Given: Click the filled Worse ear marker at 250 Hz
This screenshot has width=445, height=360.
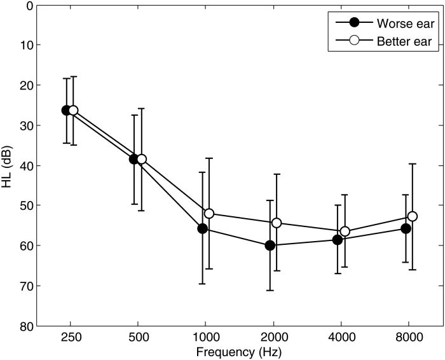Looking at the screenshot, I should pyautogui.click(x=66, y=110).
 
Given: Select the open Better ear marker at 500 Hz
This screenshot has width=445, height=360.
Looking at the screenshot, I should pyautogui.click(x=141, y=159).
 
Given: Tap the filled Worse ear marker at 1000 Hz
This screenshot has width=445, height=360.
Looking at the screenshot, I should pyautogui.click(x=203, y=228).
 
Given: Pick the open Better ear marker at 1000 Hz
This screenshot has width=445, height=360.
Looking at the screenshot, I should pyautogui.click(x=209, y=213).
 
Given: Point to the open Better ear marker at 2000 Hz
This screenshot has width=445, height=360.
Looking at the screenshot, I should pyautogui.click(x=277, y=223).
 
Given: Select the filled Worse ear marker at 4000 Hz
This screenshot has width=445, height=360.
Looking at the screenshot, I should pyautogui.click(x=338, y=240).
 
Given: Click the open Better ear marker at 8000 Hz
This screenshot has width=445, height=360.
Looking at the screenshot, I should pyautogui.click(x=412, y=216).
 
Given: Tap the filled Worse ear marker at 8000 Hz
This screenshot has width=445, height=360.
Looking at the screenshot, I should pyautogui.click(x=406, y=228).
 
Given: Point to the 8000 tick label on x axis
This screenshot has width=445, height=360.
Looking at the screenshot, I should pyautogui.click(x=409, y=337).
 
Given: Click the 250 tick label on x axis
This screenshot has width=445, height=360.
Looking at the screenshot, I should pyautogui.click(x=70, y=337).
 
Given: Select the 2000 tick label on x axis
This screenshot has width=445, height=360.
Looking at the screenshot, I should pyautogui.click(x=273, y=337).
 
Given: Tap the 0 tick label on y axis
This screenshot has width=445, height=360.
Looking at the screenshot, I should pyautogui.click(x=29, y=5).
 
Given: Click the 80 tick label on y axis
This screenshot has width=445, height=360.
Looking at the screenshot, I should pyautogui.click(x=26, y=326).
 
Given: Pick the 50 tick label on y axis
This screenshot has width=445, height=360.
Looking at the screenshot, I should pyautogui.click(x=26, y=205).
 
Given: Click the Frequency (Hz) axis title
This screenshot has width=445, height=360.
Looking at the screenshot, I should pyautogui.click(x=239, y=351).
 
